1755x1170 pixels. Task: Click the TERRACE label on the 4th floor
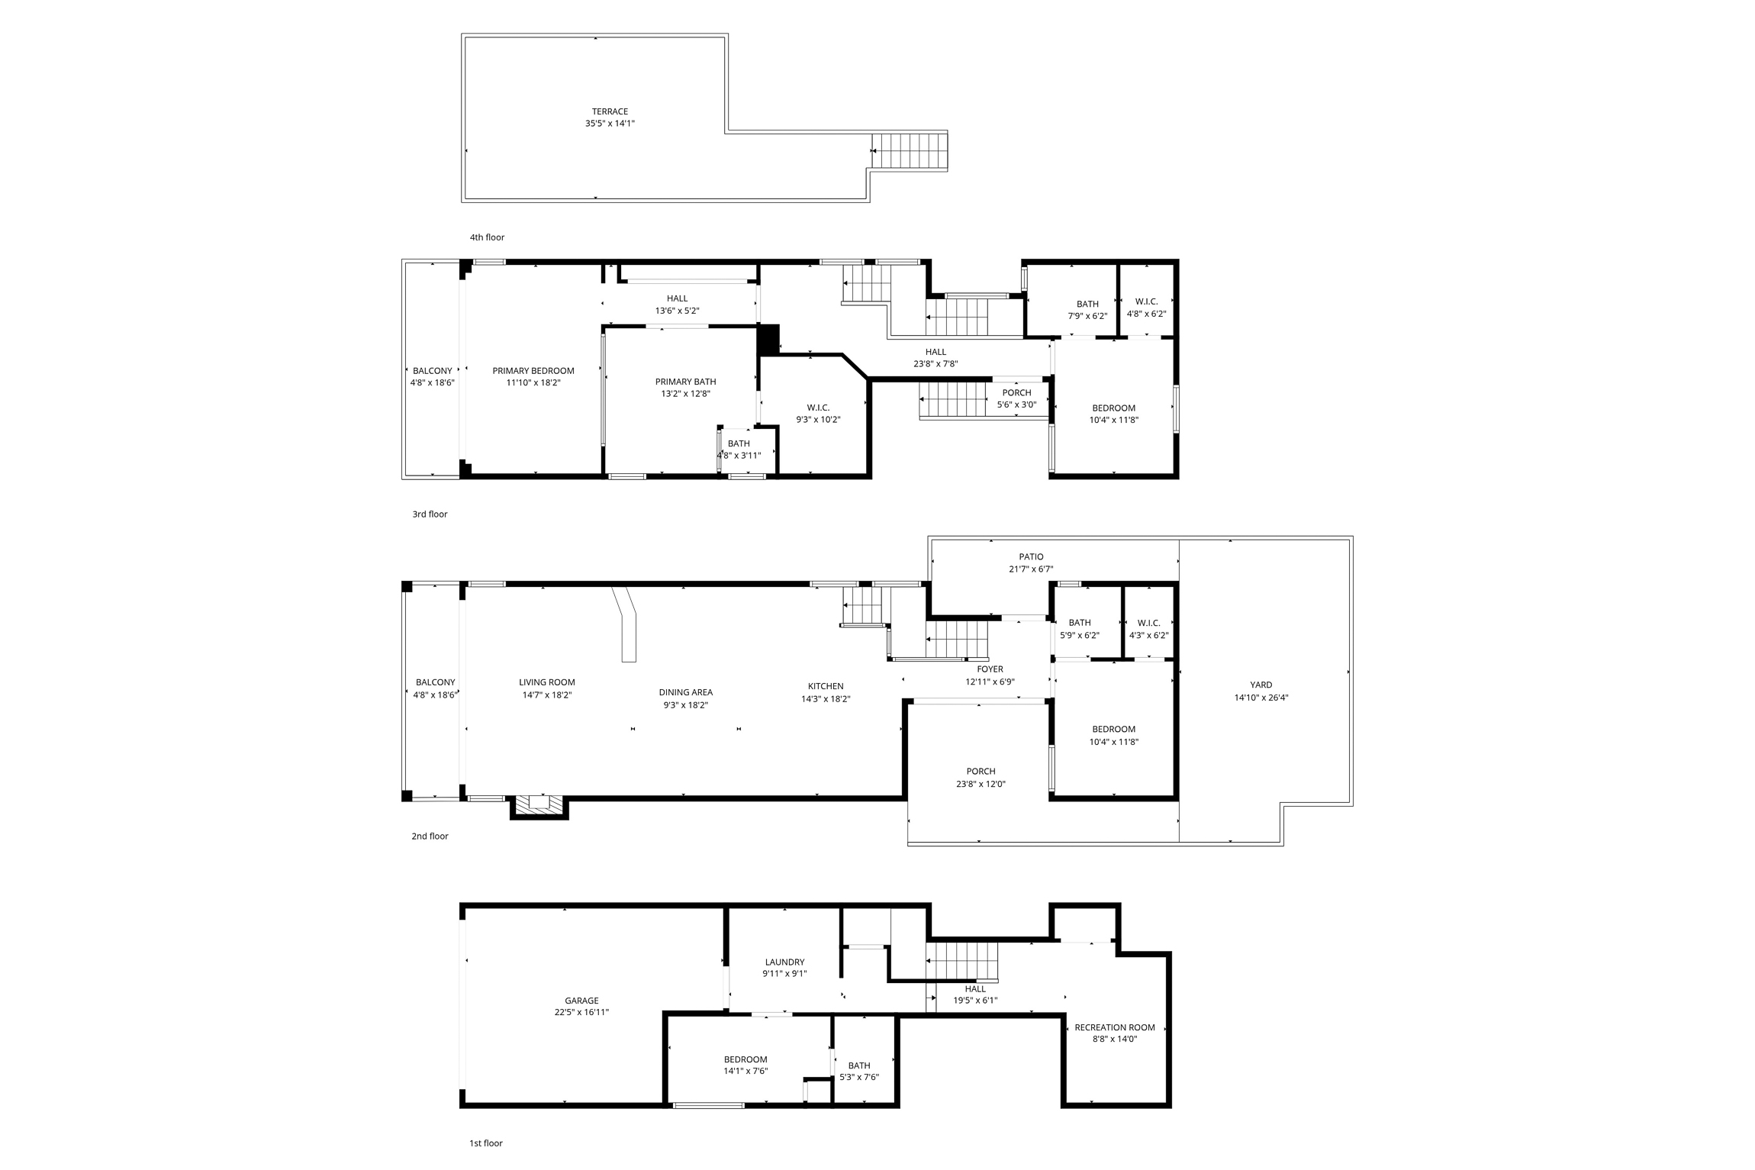point(610,111)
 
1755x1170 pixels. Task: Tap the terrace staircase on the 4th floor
point(910,151)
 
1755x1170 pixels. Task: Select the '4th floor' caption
point(487,237)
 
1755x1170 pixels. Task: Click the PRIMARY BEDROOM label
point(533,371)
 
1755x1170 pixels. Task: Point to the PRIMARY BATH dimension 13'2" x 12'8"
point(686,394)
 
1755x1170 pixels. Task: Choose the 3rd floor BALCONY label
point(433,371)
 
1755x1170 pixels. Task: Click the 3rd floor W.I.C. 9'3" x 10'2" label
point(818,413)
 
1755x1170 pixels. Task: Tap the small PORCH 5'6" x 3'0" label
point(1016,398)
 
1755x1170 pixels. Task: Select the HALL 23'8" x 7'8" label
point(935,358)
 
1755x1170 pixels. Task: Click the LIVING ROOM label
point(547,682)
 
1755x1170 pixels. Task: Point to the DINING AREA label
point(686,692)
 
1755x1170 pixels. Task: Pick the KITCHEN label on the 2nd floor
point(826,686)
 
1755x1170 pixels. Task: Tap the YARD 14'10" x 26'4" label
point(1261,691)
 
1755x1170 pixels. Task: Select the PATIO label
point(1031,556)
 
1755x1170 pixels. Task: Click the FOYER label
point(990,669)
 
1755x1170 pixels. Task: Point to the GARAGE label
point(581,1001)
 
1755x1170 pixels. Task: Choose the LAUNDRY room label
point(784,962)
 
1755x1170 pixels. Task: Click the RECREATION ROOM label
point(1115,1027)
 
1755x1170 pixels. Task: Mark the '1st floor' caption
point(486,1143)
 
